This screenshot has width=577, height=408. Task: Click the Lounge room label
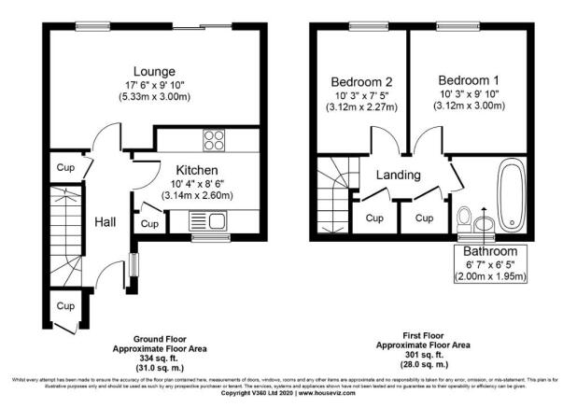click(x=154, y=71)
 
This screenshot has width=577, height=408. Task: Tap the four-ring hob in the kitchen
click(x=213, y=142)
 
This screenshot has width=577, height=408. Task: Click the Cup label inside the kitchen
click(x=149, y=225)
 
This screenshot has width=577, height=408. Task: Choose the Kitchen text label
click(x=197, y=170)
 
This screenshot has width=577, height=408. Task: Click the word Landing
click(x=399, y=175)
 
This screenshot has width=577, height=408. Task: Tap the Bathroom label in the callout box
click(x=490, y=252)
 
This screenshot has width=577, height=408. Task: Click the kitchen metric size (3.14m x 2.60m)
click(x=197, y=196)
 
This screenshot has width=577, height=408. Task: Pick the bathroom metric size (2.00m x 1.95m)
click(x=490, y=277)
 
